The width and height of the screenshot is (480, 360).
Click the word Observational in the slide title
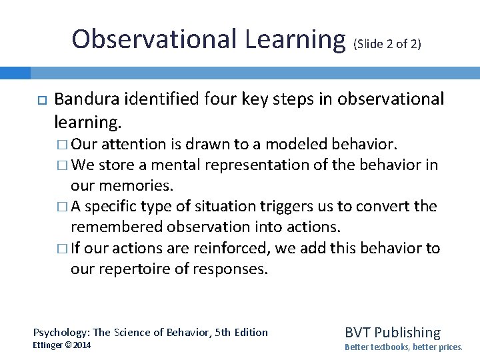tap(154, 39)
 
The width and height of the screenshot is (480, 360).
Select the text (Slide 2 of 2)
tap(387, 45)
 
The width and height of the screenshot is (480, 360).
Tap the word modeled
tap(296, 145)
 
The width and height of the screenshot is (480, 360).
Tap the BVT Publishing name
tap(393, 332)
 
